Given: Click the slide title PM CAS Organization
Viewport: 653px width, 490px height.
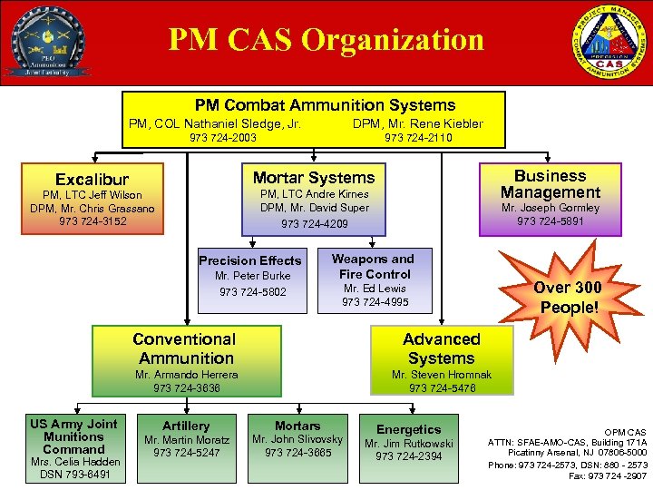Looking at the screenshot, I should (x=326, y=40).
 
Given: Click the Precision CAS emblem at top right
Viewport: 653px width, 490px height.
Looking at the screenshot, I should (x=609, y=42).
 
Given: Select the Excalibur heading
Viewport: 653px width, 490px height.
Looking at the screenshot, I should (x=93, y=180).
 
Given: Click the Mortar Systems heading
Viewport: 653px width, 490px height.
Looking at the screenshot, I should (x=314, y=178).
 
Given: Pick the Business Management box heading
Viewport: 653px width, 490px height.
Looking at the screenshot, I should (x=551, y=184).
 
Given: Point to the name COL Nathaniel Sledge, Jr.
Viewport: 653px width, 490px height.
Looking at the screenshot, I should (x=242, y=123).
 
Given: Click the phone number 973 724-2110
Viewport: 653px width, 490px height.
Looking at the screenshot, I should (x=418, y=138).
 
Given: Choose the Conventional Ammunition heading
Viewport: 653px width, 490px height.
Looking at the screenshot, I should (x=184, y=348).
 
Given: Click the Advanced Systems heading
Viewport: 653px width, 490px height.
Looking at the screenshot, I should (x=442, y=348).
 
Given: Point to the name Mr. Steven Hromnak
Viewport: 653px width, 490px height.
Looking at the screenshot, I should (x=442, y=374).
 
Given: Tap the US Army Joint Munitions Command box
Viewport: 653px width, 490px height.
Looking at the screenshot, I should (x=73, y=447).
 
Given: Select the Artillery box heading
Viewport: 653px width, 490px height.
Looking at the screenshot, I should (x=186, y=426).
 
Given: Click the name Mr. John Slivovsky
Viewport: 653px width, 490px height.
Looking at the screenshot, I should (x=297, y=439).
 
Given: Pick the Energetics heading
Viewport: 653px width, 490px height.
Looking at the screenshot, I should (x=409, y=429).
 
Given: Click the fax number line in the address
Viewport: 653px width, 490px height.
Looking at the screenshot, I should (x=609, y=475).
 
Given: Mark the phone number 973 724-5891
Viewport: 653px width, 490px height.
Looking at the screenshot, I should (x=551, y=221).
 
